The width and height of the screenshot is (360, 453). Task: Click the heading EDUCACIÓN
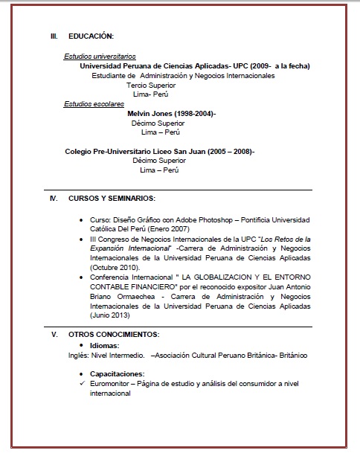[x=91, y=36]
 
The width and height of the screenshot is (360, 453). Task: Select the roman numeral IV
[x=53, y=199]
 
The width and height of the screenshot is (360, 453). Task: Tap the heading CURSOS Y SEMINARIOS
[x=112, y=199]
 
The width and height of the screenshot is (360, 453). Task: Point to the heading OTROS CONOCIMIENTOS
[x=114, y=335]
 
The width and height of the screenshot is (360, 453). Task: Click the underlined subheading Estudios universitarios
[x=94, y=57]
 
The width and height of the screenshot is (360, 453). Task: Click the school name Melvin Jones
[x=150, y=114]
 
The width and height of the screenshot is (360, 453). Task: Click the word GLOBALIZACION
[x=223, y=277]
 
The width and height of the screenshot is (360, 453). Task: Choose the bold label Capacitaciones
[x=117, y=373]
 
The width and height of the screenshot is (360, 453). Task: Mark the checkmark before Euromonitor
[x=82, y=383]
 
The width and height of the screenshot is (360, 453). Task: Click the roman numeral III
[x=54, y=36]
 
